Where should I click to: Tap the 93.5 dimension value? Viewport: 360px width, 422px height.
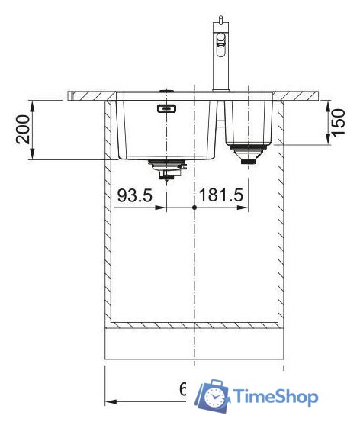pyautogui.click(x=136, y=196)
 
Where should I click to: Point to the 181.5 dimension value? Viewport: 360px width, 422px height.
pyautogui.click(x=221, y=196)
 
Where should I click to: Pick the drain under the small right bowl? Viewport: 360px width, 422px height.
pyautogui.click(x=248, y=153)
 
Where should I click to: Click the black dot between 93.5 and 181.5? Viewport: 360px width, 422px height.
pyautogui.click(x=195, y=208)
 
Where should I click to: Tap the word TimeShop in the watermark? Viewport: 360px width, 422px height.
pyautogui.click(x=275, y=396)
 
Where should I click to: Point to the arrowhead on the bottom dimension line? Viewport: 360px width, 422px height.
pyautogui.click(x=109, y=401)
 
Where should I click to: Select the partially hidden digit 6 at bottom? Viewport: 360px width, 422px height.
pyautogui.click(x=183, y=391)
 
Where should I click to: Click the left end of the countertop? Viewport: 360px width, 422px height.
pyautogui.click(x=69, y=95)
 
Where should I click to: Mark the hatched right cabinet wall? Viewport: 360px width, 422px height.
pyautogui.click(x=281, y=214)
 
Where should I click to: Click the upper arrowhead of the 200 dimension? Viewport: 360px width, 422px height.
pyautogui.click(x=31, y=104)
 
